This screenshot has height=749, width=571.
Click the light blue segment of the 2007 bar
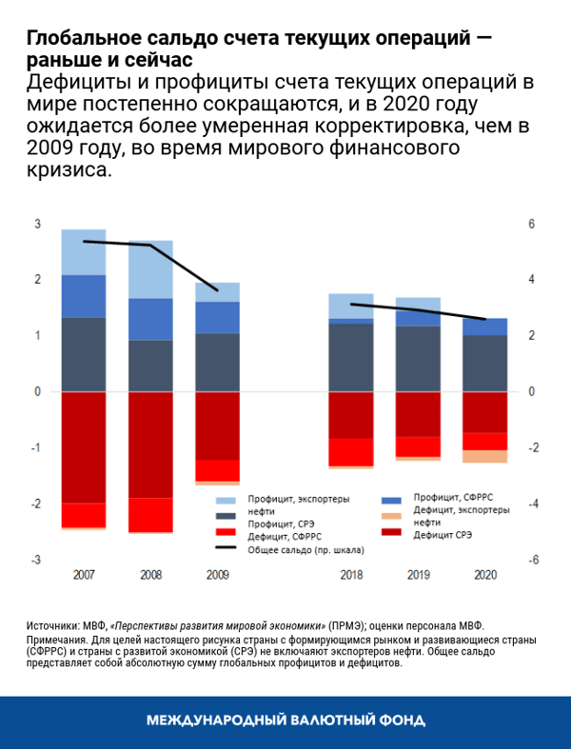(84, 251)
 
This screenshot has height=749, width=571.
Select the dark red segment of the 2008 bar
(150, 443)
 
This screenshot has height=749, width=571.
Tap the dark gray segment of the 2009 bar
(217, 362)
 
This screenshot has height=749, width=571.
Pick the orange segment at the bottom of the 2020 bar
(484, 456)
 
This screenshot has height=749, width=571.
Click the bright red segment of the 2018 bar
(351, 451)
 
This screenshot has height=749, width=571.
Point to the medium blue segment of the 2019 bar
(418, 318)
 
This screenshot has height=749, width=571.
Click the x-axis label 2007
(84, 576)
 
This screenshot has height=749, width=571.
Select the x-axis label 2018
(351, 576)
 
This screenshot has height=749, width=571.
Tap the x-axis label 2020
(484, 576)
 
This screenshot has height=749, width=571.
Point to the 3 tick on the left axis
(38, 225)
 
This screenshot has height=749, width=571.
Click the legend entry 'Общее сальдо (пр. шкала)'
(295, 549)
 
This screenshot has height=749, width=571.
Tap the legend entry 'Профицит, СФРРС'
(454, 498)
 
